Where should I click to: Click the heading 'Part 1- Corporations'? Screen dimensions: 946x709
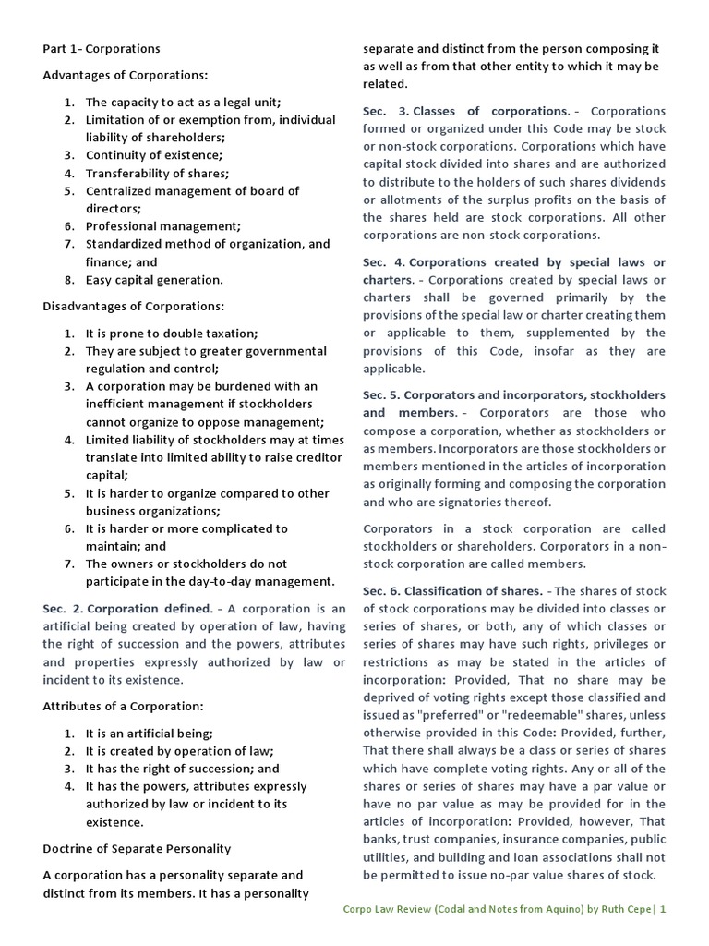102,48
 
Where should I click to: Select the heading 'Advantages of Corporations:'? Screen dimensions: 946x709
126,75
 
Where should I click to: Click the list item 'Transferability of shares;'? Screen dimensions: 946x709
157,173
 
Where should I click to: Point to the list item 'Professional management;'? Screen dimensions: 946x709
162,226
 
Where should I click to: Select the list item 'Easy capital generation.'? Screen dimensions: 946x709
154,279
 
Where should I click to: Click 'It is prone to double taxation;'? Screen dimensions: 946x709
172,333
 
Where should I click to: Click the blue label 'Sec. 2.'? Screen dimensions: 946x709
63,608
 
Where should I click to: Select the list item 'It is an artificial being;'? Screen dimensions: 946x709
149,734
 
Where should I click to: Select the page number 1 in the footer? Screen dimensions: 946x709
662,909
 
